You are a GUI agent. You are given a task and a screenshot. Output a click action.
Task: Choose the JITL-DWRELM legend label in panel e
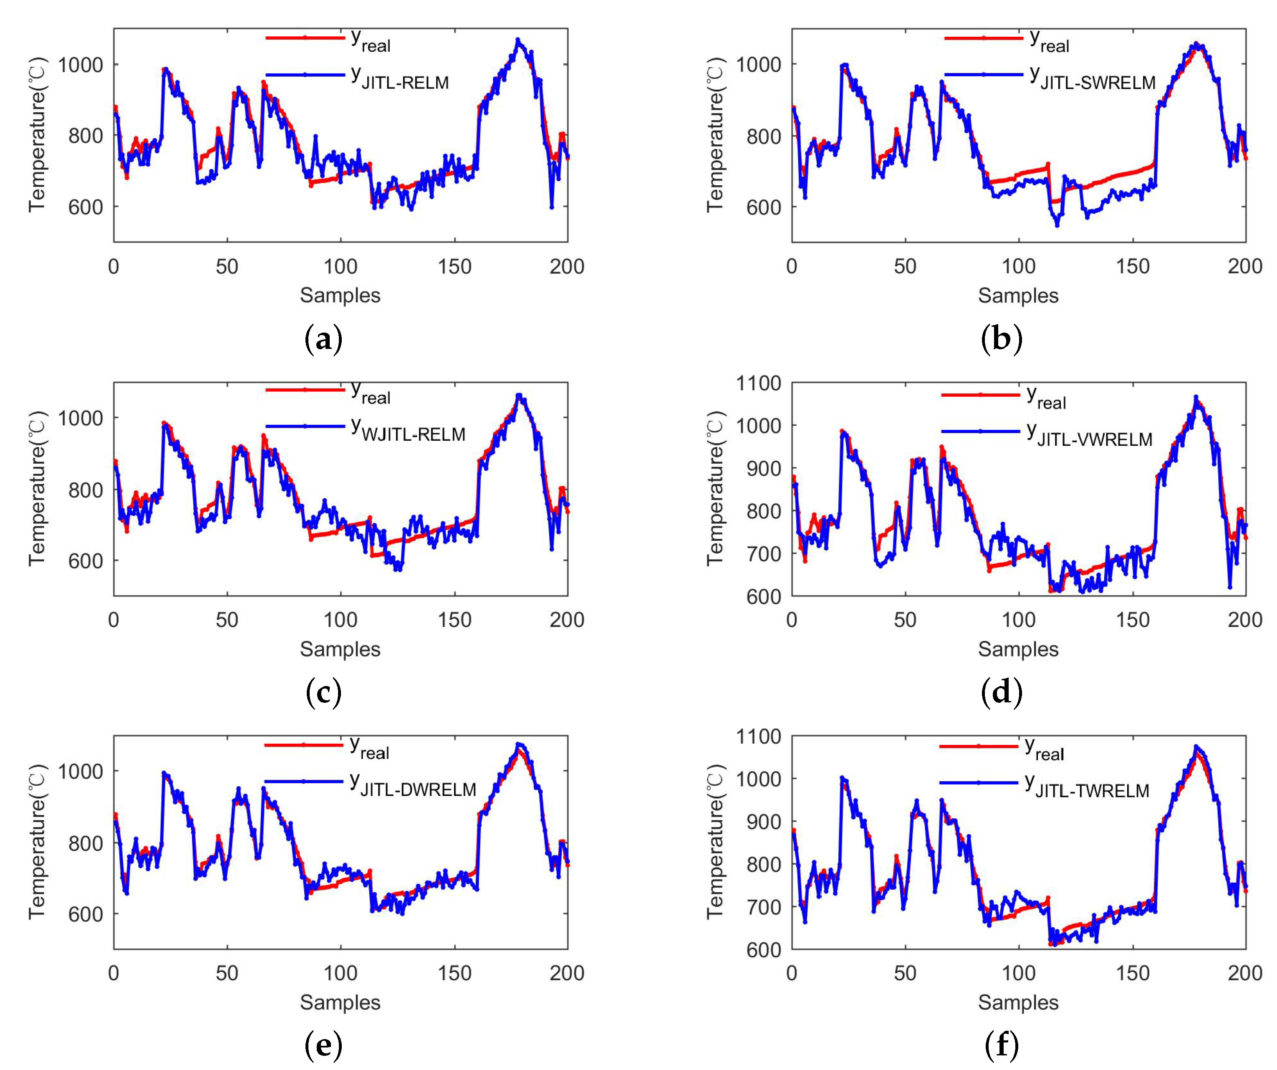tap(413, 785)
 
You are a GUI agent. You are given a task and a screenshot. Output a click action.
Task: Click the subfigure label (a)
tap(323, 339)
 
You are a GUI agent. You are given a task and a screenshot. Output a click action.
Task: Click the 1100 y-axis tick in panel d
tap(758, 383)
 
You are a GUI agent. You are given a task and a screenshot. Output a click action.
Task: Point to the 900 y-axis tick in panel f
tap(765, 821)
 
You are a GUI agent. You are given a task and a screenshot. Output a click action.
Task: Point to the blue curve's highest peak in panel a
tap(518, 40)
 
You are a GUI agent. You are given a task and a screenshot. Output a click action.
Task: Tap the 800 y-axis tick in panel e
tap(85, 843)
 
